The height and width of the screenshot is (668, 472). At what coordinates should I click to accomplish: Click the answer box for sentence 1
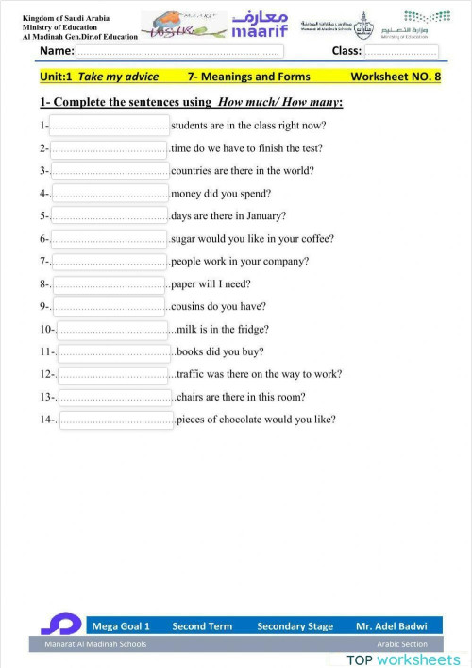click(x=110, y=125)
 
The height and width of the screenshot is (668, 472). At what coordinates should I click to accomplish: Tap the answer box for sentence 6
click(x=110, y=239)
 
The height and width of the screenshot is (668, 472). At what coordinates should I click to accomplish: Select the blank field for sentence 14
click(x=115, y=420)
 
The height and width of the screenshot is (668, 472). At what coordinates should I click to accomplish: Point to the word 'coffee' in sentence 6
click(x=316, y=239)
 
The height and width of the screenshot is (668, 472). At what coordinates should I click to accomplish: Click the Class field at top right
click(x=400, y=51)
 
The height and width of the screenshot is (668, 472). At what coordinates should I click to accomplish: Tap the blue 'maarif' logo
click(x=260, y=26)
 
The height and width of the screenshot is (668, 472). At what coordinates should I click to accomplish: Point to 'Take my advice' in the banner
click(x=118, y=76)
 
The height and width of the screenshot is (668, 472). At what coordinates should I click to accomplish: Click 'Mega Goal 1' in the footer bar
click(x=121, y=625)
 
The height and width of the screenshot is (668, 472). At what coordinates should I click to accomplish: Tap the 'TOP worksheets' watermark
click(x=403, y=659)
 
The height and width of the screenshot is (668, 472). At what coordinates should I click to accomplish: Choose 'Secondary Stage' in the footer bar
click(x=295, y=625)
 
